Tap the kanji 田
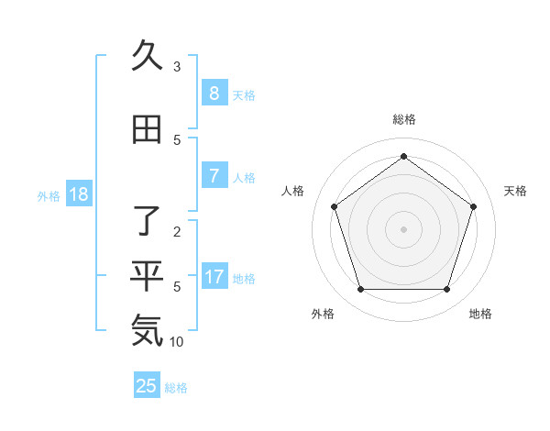coord(147,131)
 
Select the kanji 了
coord(147,223)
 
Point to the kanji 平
coord(147,275)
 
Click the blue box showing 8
coord(214,94)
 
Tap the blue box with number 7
coord(214,176)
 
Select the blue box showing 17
coord(214,277)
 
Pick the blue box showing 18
coord(77,194)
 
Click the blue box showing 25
coord(147,386)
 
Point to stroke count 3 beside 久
coord(177,67)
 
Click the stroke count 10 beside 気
coord(177,342)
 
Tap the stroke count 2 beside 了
coord(177,232)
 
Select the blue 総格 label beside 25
coord(176,388)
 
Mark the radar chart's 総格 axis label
coord(404,119)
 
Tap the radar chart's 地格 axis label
coord(480,315)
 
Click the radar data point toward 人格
coord(334,206)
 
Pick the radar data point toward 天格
coord(474,206)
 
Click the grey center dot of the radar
coord(404,228)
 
